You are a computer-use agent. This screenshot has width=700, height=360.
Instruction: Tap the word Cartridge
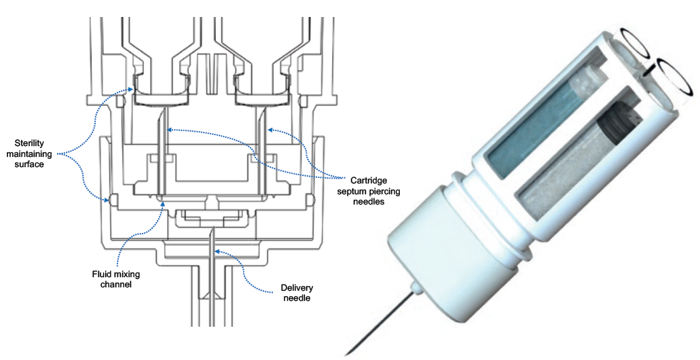[370, 181]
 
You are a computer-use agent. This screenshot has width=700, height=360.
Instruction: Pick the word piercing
[385, 192]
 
